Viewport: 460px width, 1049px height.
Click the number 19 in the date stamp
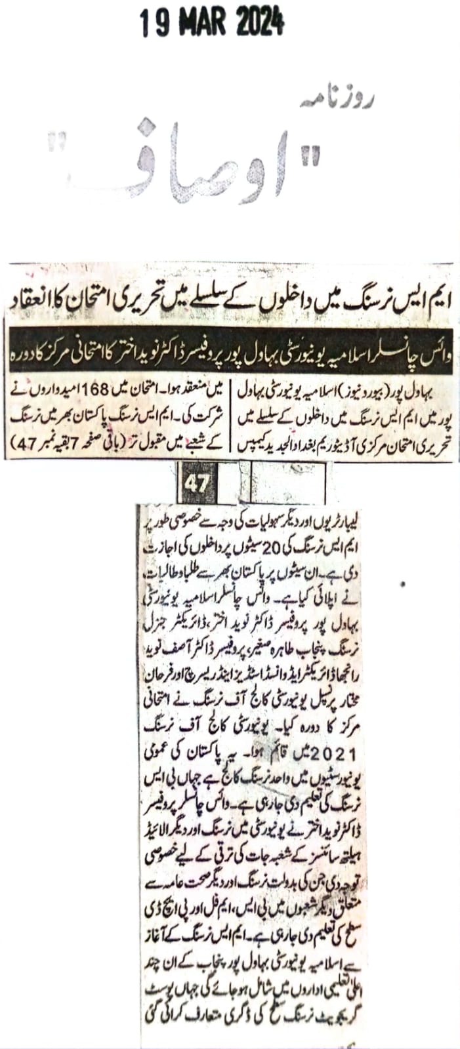153,24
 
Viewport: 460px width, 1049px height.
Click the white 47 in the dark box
196,484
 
